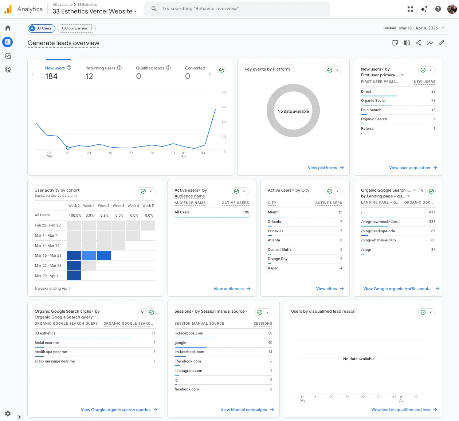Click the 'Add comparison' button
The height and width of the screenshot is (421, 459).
[76, 28]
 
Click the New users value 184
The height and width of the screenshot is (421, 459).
[51, 76]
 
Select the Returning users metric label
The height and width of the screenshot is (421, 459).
[100, 68]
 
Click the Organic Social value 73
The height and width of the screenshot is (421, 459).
[433, 101]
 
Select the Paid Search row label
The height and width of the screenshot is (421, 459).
[371, 110]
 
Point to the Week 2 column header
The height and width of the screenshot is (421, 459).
[103, 206]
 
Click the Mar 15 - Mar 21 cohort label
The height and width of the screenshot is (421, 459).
[48, 256]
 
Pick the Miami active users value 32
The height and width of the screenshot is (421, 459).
[340, 212]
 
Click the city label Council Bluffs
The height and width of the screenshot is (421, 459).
[279, 250]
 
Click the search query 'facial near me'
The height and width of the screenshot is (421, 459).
[47, 342]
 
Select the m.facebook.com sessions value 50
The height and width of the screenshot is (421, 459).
[270, 333]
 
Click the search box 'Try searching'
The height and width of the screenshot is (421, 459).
[237, 9]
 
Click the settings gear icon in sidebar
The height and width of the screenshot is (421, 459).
[8, 413]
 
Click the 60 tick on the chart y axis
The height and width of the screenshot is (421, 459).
[223, 107]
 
